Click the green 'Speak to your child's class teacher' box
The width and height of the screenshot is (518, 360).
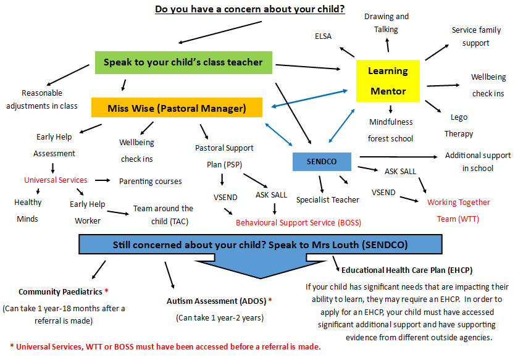coord(183,62)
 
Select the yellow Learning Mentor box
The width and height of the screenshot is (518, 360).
coord(388,81)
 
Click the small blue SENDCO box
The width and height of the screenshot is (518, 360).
coord(322,162)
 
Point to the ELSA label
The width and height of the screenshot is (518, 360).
coord(323,36)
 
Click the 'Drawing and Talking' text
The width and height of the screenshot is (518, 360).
coord(386,23)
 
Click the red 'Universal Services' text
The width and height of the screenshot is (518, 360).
coord(56,180)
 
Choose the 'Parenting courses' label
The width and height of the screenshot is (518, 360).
coord(151,182)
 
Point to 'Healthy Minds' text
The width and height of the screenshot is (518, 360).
coord(28,211)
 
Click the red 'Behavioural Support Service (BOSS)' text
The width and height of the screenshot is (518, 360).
coord(298,222)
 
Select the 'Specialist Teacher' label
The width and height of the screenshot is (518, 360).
coord(327,199)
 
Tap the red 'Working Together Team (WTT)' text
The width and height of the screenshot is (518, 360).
coord(458,210)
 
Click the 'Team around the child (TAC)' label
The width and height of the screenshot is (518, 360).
coord(163,215)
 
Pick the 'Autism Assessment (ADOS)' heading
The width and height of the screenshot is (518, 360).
coord(219,301)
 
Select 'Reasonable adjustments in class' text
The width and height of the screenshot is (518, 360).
coord(42,99)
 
